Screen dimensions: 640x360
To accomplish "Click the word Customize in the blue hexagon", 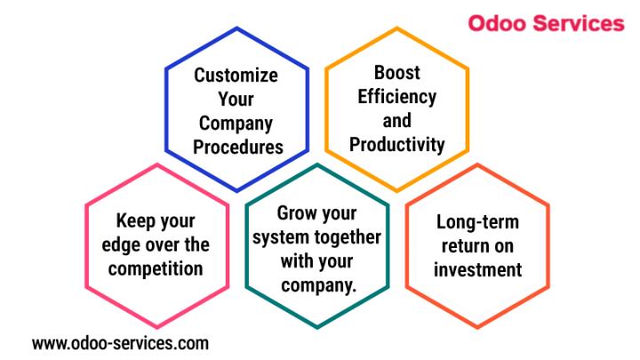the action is coord(236,75).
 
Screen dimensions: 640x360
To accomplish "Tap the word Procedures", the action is coord(238,147).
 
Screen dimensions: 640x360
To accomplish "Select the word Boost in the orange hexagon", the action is coord(396,73).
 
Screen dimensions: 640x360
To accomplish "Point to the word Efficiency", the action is coord(396,97).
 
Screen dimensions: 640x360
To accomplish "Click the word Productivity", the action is coord(396,145).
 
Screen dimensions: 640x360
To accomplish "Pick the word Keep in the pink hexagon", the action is coord(132,221).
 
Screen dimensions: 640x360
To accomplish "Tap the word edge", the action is coord(117,246).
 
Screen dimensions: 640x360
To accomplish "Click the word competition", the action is coord(156,269).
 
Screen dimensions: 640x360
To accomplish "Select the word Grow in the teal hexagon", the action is coord(296,213).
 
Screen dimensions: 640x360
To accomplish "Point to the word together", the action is coord(348,237).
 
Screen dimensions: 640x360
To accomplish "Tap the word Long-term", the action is coord(477,223).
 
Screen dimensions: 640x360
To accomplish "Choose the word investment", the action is coord(477,270).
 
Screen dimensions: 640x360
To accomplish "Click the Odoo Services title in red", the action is coord(546,23).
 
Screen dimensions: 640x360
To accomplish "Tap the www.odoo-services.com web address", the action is coord(120,343).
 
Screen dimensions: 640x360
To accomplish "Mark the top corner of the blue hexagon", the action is coord(236,28).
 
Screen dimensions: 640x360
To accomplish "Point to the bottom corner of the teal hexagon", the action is coord(317,327).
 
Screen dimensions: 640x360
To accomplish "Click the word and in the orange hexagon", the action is coord(396,121).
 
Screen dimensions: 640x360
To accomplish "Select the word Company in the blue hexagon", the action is coord(236,124).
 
